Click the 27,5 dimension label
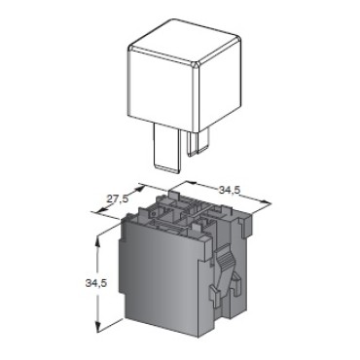118,199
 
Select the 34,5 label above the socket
230,190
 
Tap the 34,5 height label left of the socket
96,283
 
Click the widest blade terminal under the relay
166,148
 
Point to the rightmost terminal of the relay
203,140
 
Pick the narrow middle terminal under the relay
192,143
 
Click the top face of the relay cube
185,42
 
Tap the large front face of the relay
161,89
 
